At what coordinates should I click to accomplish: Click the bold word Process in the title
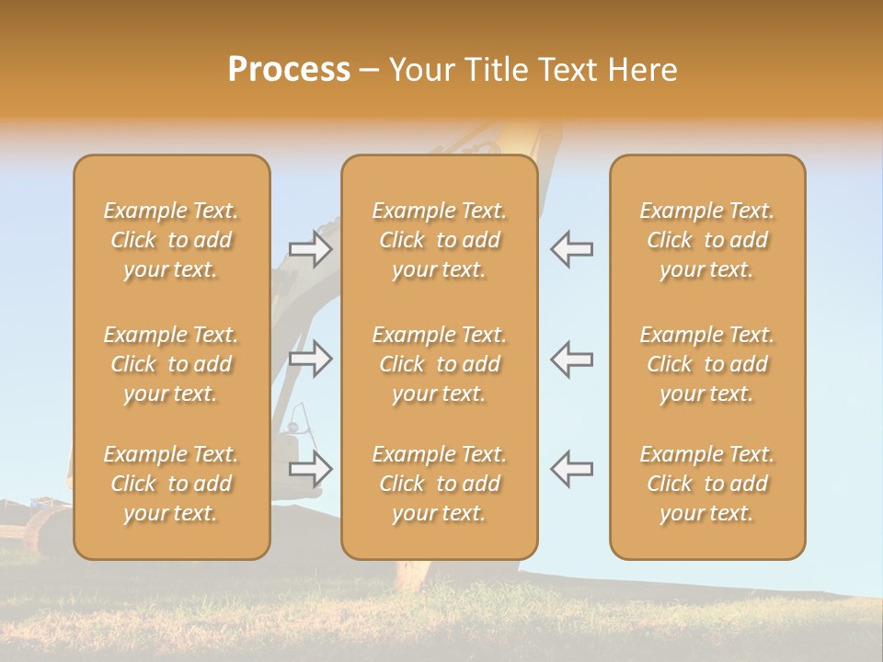point(289,70)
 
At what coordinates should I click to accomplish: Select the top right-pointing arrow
point(311,249)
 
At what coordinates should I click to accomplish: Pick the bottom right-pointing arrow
point(311,469)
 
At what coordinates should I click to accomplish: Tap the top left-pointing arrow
point(571,249)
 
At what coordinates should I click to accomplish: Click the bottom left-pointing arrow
point(571,469)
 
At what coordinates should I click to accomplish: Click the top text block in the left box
point(171,240)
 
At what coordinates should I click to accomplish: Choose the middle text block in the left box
point(171,364)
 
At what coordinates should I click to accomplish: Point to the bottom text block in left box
point(171,484)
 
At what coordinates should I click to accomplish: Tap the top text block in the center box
point(439,240)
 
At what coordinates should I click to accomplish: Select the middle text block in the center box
point(439,364)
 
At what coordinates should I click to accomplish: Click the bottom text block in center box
point(439,484)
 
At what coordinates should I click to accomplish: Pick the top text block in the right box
point(706,240)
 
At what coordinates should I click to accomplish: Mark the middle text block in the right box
point(706,364)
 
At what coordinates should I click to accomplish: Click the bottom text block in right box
point(706,484)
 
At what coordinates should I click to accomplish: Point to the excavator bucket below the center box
point(413,576)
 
